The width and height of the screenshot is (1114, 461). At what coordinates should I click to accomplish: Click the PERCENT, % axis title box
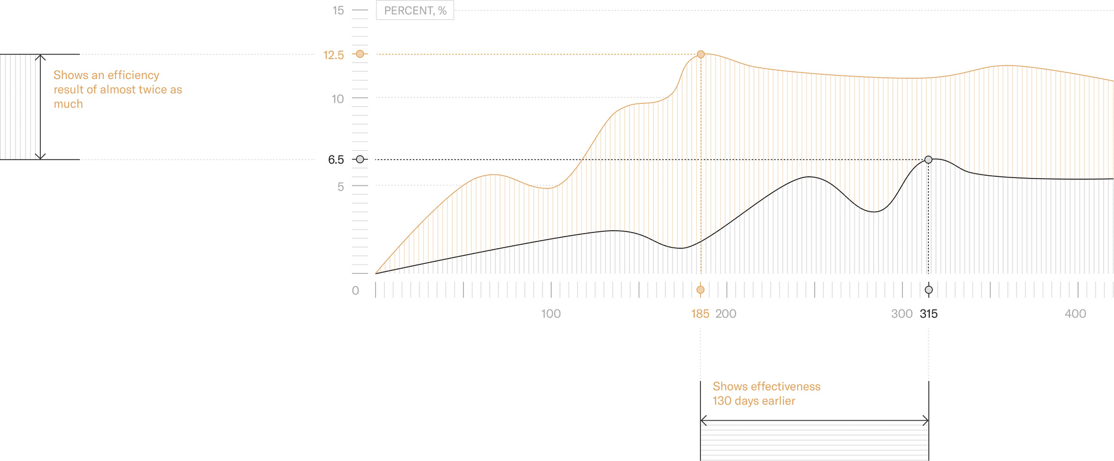pyautogui.click(x=415, y=10)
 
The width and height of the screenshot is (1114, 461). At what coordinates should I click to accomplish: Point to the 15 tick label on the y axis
pyautogui.click(x=338, y=10)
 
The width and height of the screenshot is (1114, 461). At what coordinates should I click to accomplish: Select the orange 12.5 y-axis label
pyautogui.click(x=334, y=55)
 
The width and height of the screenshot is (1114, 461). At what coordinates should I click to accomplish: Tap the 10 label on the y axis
pyautogui.click(x=338, y=99)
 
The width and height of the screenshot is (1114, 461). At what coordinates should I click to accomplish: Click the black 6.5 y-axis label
pyautogui.click(x=336, y=160)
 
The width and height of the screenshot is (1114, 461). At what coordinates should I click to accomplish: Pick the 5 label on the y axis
pyautogui.click(x=341, y=187)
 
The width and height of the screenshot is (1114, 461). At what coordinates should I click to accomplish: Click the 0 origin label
pyautogui.click(x=356, y=291)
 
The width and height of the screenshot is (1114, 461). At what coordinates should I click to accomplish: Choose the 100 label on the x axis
pyautogui.click(x=551, y=314)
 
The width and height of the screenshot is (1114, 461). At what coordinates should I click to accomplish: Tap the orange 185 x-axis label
pyautogui.click(x=700, y=314)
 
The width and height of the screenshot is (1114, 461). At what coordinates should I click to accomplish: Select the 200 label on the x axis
pyautogui.click(x=726, y=314)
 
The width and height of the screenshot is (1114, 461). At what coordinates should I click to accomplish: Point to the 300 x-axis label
pyautogui.click(x=902, y=314)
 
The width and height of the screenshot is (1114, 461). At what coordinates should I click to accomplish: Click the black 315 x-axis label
pyautogui.click(x=928, y=314)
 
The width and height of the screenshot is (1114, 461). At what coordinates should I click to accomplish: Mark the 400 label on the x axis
pyautogui.click(x=1075, y=314)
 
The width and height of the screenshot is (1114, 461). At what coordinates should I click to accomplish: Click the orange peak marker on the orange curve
pyautogui.click(x=701, y=55)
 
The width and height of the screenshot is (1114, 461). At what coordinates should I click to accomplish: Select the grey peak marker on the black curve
pyautogui.click(x=928, y=159)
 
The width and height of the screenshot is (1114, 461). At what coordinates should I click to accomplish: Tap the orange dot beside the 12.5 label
pyautogui.click(x=360, y=54)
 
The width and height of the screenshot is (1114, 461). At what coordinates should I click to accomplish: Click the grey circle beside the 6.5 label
pyautogui.click(x=360, y=159)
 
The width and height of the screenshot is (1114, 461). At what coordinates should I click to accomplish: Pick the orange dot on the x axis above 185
pyautogui.click(x=700, y=290)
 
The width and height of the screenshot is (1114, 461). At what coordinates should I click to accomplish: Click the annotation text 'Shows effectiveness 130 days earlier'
pyautogui.click(x=766, y=394)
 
